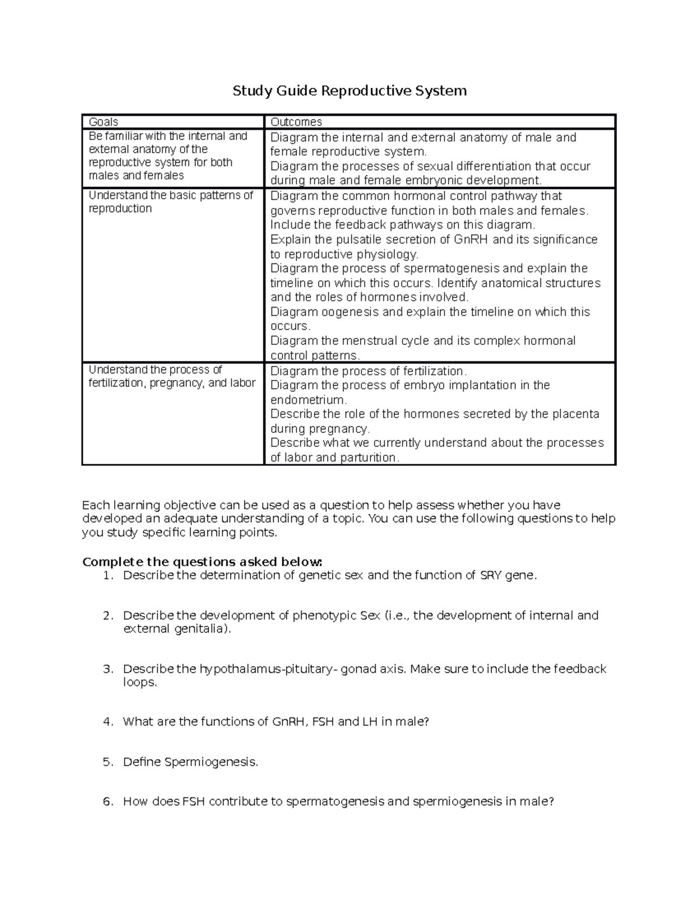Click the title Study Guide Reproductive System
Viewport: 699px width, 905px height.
[349, 91]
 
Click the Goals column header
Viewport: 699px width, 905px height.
[103, 122]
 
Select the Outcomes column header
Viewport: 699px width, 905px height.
[296, 122]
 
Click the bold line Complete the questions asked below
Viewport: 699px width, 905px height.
[202, 562]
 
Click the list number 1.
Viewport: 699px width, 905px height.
[107, 576]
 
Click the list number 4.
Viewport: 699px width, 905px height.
[107, 722]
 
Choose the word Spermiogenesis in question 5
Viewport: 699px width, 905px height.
[211, 762]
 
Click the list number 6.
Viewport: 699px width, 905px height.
[107, 802]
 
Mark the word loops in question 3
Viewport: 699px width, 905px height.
[140, 682]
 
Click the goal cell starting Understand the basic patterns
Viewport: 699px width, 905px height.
[171, 202]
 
